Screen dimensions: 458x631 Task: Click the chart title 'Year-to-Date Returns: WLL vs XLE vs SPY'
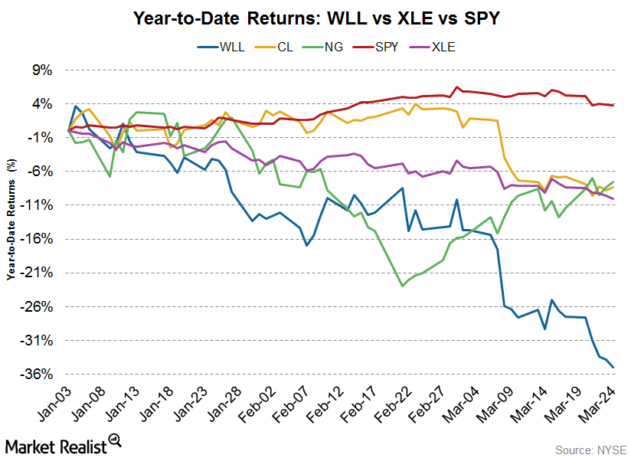315,16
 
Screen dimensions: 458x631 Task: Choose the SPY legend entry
386,47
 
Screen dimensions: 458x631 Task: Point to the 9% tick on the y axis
41,70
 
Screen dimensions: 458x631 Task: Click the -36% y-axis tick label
39,374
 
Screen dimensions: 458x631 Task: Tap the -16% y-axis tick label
39,239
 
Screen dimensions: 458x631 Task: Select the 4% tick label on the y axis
41,103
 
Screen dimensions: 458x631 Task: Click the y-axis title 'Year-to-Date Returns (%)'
11,222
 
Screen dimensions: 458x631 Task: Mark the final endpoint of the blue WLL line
613,367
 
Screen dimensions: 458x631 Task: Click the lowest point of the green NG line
402,286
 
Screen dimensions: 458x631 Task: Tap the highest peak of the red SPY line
457,87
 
